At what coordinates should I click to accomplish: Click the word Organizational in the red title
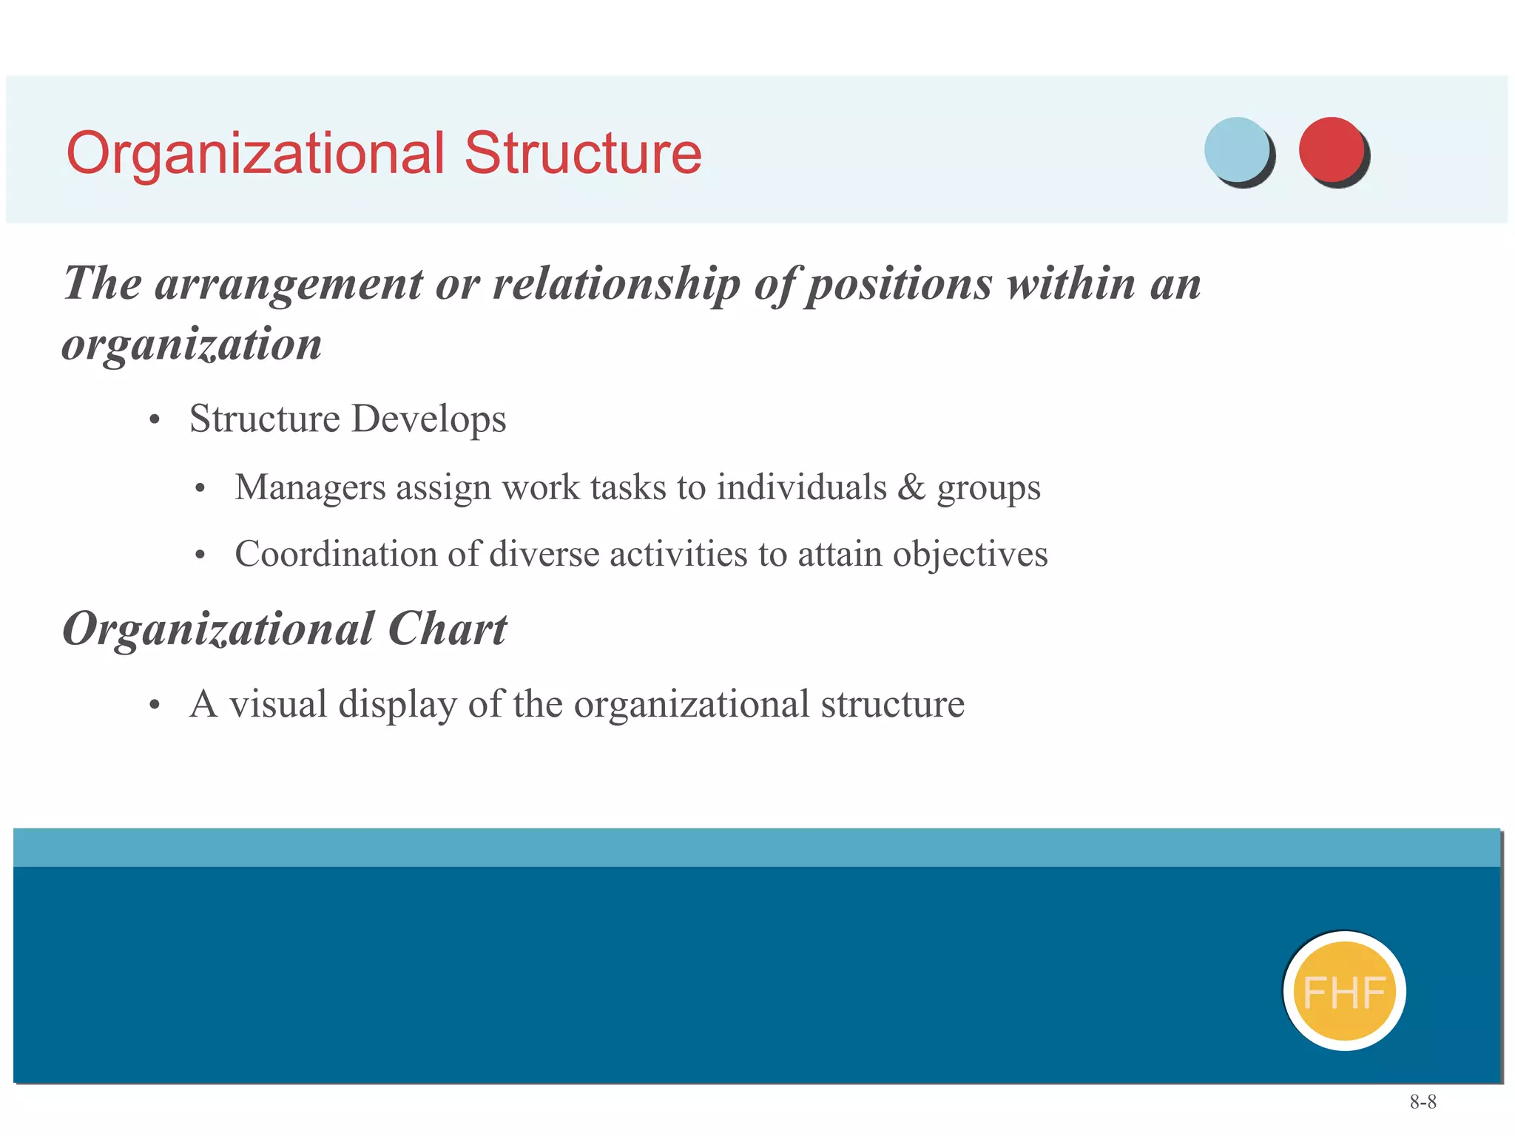[x=255, y=154]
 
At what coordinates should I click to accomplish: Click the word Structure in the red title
[x=583, y=154]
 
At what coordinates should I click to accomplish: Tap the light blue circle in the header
[x=1236, y=149]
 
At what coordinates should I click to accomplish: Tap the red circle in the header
[x=1331, y=149]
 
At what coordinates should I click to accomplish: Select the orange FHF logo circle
[x=1344, y=991]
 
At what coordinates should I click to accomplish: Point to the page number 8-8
[x=1423, y=1102]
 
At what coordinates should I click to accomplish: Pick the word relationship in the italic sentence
[x=616, y=284]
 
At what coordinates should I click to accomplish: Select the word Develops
[x=428, y=419]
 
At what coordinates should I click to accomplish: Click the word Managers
[x=310, y=488]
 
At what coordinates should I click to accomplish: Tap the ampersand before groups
[x=911, y=487]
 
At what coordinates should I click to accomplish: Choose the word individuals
[x=801, y=487]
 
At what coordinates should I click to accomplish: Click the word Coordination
[x=336, y=554]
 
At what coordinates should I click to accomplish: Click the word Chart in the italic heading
[x=447, y=629]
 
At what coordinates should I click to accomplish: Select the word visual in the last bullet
[x=278, y=703]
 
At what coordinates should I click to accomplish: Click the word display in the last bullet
[x=397, y=705]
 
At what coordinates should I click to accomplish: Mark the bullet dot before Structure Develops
[x=154, y=420]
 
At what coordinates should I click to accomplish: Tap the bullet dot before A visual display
[x=154, y=705]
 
